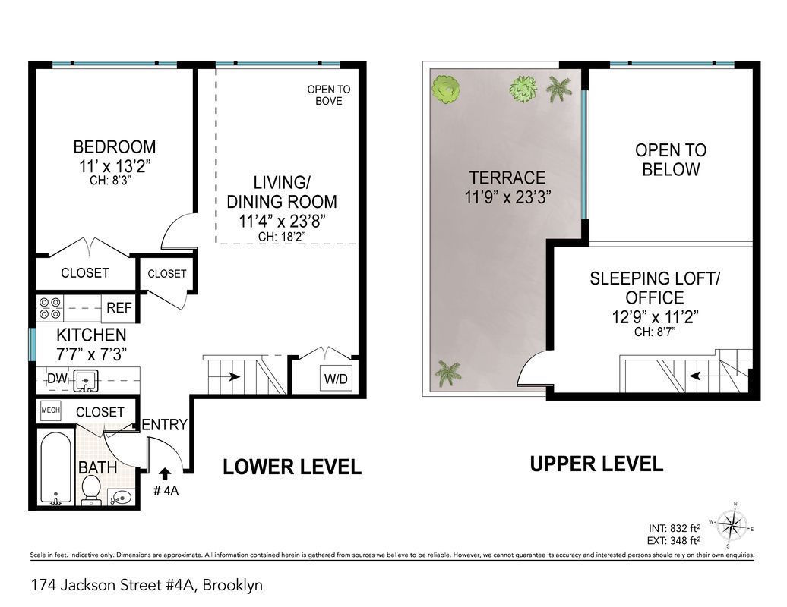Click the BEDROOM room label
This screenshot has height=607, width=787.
(x=115, y=146)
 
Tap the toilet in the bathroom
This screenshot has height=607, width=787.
(x=91, y=489)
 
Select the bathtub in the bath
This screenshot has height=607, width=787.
(x=55, y=468)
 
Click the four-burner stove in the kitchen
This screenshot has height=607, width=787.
(x=51, y=307)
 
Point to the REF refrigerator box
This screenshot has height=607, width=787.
(x=119, y=308)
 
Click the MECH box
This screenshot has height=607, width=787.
(x=50, y=410)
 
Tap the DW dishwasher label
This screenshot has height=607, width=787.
(x=57, y=378)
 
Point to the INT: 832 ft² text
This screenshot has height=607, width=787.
(x=675, y=528)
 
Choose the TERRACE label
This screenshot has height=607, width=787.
(x=507, y=178)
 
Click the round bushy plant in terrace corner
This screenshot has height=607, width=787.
(x=447, y=89)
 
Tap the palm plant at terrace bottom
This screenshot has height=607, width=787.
(x=449, y=373)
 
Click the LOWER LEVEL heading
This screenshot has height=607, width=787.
(x=292, y=467)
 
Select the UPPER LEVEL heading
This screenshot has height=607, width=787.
(x=596, y=463)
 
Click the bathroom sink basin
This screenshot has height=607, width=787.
(x=121, y=498)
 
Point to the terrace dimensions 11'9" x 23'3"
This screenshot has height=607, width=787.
(x=507, y=197)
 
